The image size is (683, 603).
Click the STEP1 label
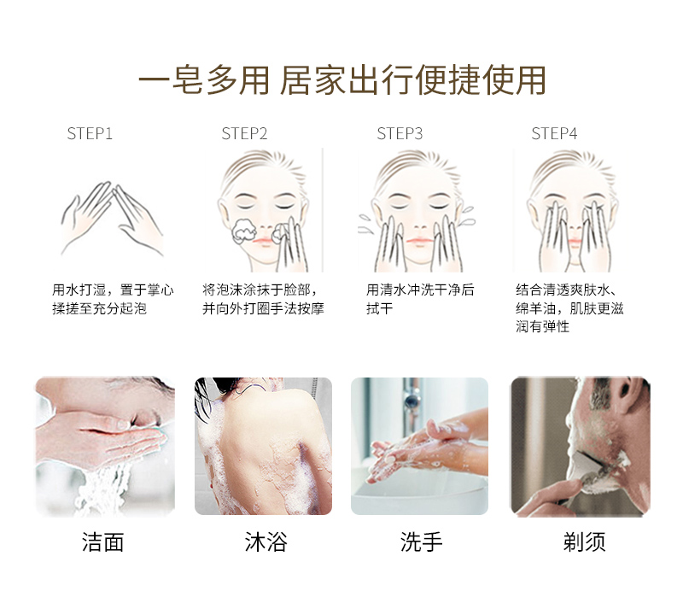(x=90, y=133)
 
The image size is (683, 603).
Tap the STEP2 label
(x=244, y=133)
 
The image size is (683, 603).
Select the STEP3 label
(x=400, y=133)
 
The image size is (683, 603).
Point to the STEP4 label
(x=554, y=133)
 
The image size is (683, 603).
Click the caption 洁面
(x=102, y=542)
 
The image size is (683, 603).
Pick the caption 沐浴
(x=266, y=542)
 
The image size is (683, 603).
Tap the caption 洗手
(x=421, y=542)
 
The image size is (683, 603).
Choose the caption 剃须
(x=584, y=542)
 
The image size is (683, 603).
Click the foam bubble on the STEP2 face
(x=243, y=231)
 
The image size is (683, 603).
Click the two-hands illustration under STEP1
(x=112, y=218)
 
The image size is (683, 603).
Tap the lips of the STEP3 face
(x=419, y=240)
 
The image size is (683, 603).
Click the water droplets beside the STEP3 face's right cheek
(x=467, y=217)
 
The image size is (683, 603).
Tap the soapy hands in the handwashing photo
(x=418, y=448)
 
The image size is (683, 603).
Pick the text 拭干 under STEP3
(x=379, y=308)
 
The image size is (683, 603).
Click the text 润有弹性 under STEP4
(x=543, y=326)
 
